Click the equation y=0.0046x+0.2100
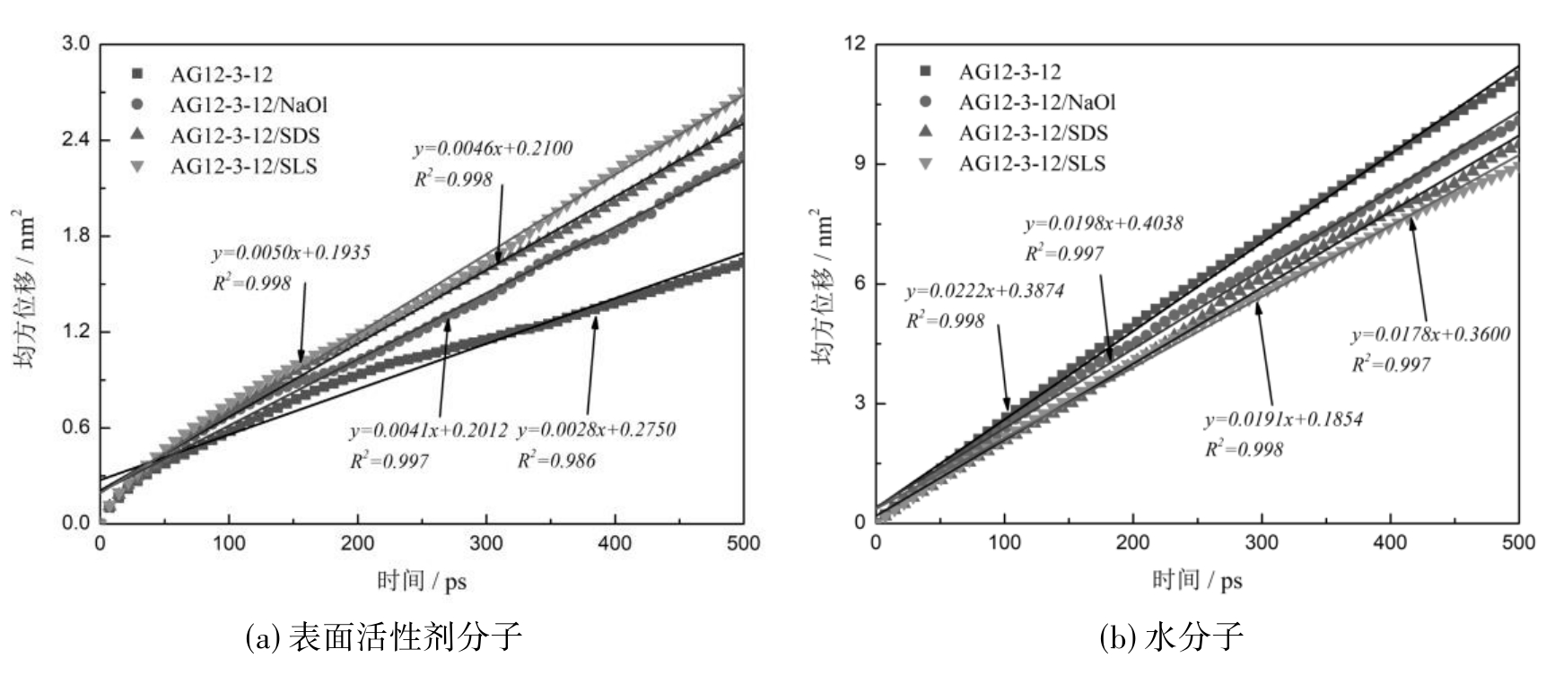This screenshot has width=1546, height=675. coord(493,149)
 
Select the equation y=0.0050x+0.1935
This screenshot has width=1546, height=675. coord(292,254)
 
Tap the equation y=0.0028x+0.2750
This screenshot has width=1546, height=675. coord(597,430)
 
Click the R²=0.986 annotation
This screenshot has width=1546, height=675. coord(556,462)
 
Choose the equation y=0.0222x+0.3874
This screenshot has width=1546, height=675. coord(984,291)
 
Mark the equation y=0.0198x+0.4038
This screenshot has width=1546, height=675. coord(1104,224)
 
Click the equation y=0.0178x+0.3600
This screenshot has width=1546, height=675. coord(1431,335)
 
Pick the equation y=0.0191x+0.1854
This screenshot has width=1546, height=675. coord(1284,420)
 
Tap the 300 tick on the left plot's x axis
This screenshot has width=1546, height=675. coord(486,543)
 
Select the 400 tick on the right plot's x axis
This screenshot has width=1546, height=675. coord(1391,543)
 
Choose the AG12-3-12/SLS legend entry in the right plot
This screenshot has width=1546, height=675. coord(1032,164)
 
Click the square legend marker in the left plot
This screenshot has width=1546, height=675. coord(136,74)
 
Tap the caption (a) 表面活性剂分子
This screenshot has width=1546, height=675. coord(383,637)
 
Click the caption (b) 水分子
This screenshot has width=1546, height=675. coord(1172,637)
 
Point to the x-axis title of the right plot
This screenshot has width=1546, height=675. coord(1197,581)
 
